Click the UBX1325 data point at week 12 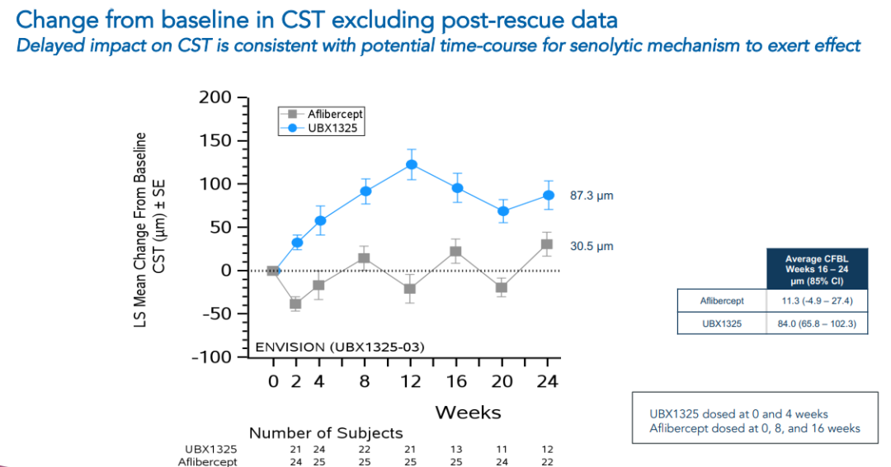[x=411, y=164]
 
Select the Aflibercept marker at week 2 [x=295, y=304]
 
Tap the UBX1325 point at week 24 [x=548, y=196]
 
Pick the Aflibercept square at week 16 [x=456, y=251]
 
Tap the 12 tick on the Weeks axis [x=411, y=381]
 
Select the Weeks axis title [x=468, y=411]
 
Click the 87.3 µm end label [x=592, y=196]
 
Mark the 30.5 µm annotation [x=592, y=246]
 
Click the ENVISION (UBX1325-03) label [x=339, y=347]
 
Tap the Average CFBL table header [x=817, y=271]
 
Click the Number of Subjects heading [x=326, y=433]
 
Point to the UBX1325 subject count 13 [x=456, y=449]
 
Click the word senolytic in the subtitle [x=585, y=45]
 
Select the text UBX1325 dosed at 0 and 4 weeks [x=739, y=413]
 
